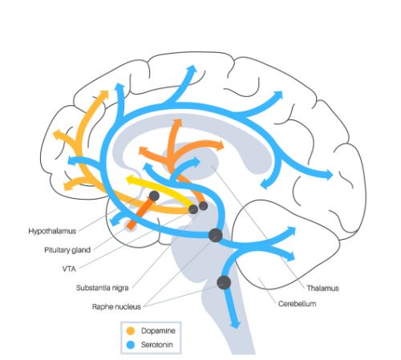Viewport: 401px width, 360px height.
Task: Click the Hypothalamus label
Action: (52, 231)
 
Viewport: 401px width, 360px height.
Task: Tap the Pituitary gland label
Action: (67, 250)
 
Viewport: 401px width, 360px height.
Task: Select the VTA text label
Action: (69, 269)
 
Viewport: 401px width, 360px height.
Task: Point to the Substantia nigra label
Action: (103, 288)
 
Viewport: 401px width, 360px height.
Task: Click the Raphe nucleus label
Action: (116, 306)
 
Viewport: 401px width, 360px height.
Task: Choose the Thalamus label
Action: (322, 288)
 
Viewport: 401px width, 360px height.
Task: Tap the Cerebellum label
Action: (297, 304)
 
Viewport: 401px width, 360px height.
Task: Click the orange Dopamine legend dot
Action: (131, 331)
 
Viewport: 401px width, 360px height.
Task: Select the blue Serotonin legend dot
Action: (131, 345)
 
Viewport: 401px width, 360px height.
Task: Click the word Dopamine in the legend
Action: (158, 330)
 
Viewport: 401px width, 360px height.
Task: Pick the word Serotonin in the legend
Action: (157, 345)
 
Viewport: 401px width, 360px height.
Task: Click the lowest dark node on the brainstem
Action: (224, 282)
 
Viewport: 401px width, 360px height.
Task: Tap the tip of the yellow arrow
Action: (126, 179)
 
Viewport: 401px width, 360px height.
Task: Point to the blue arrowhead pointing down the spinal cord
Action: (236, 323)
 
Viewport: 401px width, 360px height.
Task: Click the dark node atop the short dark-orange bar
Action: (154, 196)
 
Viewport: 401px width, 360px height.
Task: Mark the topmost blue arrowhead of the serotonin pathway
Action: (192, 69)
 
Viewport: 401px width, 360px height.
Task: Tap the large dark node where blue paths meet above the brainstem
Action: (216, 236)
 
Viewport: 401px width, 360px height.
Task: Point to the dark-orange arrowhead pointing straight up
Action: (177, 123)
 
